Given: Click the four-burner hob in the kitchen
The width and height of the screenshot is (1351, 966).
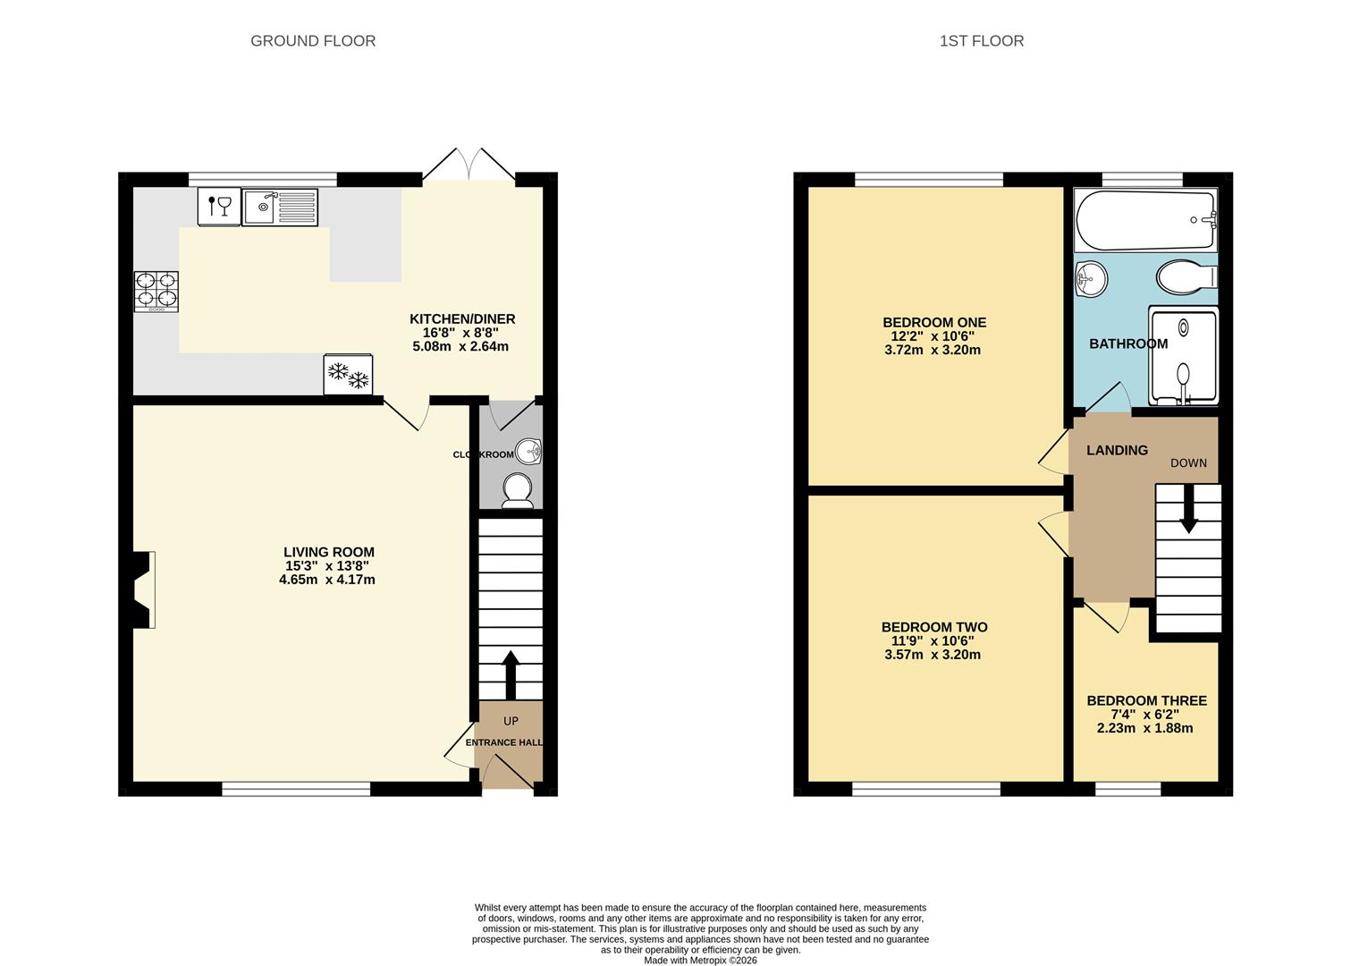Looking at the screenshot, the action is pyautogui.click(x=156, y=292).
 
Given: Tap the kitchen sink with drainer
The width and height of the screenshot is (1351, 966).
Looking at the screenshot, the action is pyautogui.click(x=280, y=207).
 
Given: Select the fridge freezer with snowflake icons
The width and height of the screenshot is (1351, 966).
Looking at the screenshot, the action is pyautogui.click(x=348, y=374).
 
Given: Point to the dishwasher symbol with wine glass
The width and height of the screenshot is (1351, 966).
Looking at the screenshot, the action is pyautogui.click(x=220, y=207).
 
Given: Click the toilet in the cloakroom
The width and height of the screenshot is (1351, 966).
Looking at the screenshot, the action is pyautogui.click(x=518, y=491).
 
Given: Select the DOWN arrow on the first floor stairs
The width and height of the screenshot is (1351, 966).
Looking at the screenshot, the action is pyautogui.click(x=1189, y=509).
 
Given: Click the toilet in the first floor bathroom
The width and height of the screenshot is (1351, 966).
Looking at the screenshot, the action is pyautogui.click(x=1187, y=277).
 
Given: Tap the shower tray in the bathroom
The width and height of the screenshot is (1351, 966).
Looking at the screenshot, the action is pyautogui.click(x=1183, y=355).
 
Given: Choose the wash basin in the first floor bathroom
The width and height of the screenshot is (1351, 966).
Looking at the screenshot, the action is pyautogui.click(x=1091, y=279).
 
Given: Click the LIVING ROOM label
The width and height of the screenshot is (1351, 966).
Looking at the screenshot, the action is pyautogui.click(x=329, y=552).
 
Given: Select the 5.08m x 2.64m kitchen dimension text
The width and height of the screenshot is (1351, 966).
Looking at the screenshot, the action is pyautogui.click(x=460, y=346).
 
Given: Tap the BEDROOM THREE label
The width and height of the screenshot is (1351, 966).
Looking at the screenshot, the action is pyautogui.click(x=1146, y=700).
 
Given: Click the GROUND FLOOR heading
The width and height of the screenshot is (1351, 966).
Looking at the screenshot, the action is pyautogui.click(x=313, y=41).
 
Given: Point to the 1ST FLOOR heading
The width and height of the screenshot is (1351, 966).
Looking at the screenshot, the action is pyautogui.click(x=981, y=41).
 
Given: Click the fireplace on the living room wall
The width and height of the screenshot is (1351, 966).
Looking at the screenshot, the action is pyautogui.click(x=144, y=589).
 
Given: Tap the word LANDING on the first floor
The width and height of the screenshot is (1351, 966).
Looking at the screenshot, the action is pyautogui.click(x=1117, y=450).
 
